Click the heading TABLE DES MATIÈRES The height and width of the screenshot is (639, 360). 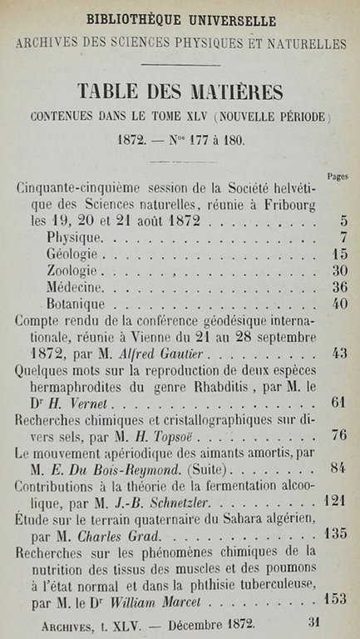click(180, 91)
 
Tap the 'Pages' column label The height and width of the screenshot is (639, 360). click(337, 176)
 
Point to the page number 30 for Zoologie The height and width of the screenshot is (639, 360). click(338, 270)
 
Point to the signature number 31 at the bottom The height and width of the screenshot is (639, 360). click(314, 620)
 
